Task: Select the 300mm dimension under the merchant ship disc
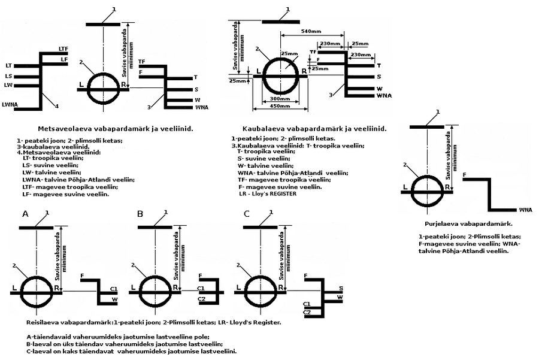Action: (x=280, y=98)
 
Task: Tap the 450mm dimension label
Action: (x=280, y=107)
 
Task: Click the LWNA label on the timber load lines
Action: (x=10, y=105)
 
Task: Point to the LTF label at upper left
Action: (x=63, y=48)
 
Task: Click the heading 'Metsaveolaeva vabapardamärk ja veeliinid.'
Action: (x=115, y=129)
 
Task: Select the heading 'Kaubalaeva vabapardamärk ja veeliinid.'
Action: (x=314, y=128)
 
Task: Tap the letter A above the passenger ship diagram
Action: (x=25, y=214)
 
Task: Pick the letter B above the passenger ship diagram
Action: (x=140, y=214)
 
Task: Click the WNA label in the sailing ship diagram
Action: (x=526, y=210)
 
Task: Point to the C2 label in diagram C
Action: (x=307, y=312)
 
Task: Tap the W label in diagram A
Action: (x=114, y=299)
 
